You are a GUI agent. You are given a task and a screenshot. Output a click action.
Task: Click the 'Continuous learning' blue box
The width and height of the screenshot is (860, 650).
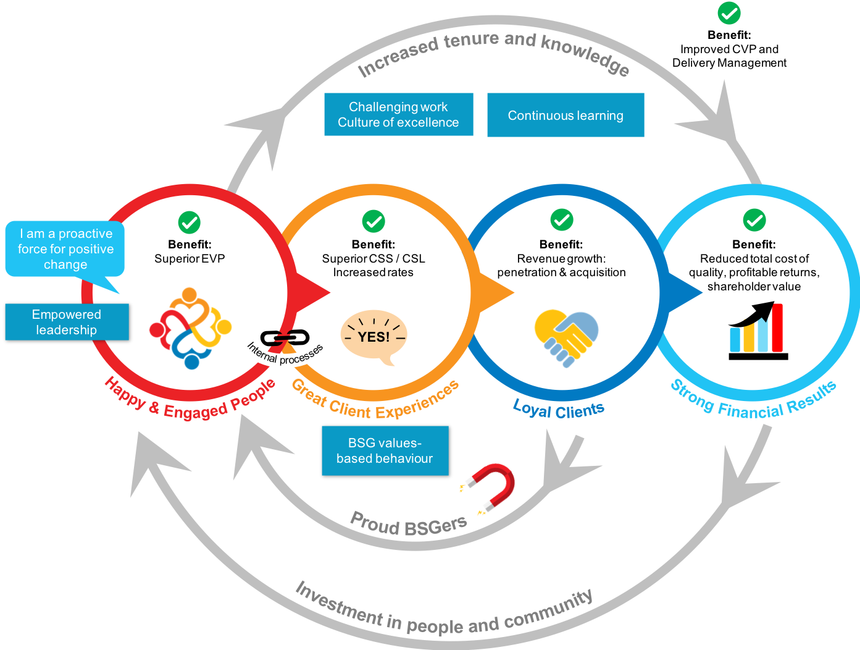pyautogui.click(x=566, y=115)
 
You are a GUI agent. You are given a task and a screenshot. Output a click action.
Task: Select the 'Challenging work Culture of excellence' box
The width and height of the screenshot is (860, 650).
pyautogui.click(x=398, y=114)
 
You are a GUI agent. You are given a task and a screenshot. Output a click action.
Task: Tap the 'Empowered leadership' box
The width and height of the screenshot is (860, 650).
pyautogui.click(x=67, y=322)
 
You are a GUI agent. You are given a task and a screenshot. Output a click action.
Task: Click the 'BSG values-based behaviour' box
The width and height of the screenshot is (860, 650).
pyautogui.click(x=385, y=450)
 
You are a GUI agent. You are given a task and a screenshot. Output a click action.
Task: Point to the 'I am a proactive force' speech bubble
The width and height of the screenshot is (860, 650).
pyautogui.click(x=65, y=249)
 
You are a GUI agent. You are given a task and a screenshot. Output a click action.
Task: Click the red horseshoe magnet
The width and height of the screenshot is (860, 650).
pyautogui.click(x=491, y=488)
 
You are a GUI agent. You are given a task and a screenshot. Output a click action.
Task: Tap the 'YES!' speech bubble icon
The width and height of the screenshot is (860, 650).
pyautogui.click(x=374, y=337)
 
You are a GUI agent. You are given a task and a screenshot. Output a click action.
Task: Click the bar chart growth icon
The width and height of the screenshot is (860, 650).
pyautogui.click(x=758, y=331)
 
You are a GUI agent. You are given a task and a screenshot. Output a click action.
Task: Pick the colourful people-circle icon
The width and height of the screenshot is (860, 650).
pyautogui.click(x=190, y=328)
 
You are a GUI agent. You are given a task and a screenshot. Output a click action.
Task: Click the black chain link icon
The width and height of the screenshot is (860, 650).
pyautogui.click(x=285, y=338)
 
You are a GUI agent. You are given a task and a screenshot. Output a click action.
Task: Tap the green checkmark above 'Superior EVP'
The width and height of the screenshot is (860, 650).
pyautogui.click(x=190, y=222)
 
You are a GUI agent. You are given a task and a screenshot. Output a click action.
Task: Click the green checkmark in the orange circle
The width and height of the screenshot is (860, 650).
pyautogui.click(x=374, y=221)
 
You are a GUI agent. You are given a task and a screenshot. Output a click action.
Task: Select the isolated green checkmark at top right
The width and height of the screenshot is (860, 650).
pyautogui.click(x=729, y=13)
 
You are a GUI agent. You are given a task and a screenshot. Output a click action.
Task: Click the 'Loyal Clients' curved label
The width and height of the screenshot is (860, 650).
pyautogui.click(x=559, y=410)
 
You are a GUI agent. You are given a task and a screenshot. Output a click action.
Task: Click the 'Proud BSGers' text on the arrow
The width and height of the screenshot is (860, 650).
pyautogui.click(x=408, y=525)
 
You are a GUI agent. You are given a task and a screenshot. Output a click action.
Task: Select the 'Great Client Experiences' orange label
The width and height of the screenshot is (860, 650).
pyautogui.click(x=375, y=402)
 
